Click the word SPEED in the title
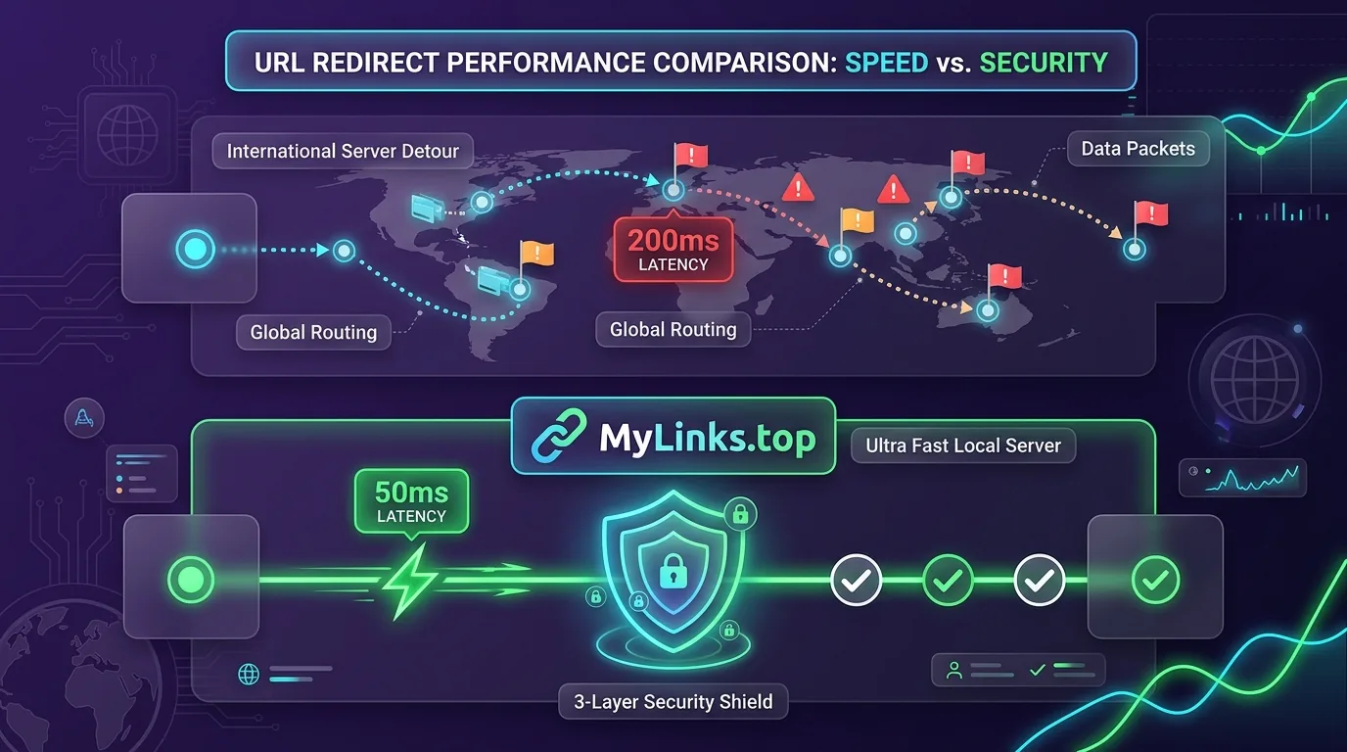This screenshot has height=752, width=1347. pyautogui.click(x=886, y=63)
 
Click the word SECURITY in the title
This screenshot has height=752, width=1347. pyautogui.click(x=1044, y=63)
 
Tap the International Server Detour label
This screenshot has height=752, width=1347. pyautogui.click(x=343, y=151)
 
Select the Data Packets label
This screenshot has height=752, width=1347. pyautogui.click(x=1138, y=149)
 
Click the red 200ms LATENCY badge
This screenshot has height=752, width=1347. pyautogui.click(x=673, y=250)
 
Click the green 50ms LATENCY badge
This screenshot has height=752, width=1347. pyautogui.click(x=411, y=501)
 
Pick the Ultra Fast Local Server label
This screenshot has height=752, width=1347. pyautogui.click(x=962, y=446)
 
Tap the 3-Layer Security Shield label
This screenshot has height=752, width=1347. pyautogui.click(x=673, y=701)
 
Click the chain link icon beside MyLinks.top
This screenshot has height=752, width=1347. pyautogui.click(x=559, y=436)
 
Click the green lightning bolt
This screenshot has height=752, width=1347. pyautogui.click(x=410, y=581)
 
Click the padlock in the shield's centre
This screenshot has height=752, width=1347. pyautogui.click(x=673, y=571)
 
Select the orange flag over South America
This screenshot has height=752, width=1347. pyautogui.click(x=535, y=254)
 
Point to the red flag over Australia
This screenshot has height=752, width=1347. pyautogui.click(x=1003, y=277)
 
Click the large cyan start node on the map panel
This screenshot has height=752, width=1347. pyautogui.click(x=195, y=249)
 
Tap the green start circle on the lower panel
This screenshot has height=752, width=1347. pyautogui.click(x=191, y=580)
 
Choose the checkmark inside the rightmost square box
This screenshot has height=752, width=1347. pyautogui.click(x=1155, y=580)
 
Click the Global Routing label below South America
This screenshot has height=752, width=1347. pyautogui.click(x=313, y=332)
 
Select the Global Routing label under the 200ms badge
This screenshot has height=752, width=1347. pyautogui.click(x=673, y=329)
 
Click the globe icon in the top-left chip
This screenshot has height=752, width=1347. pyautogui.click(x=127, y=135)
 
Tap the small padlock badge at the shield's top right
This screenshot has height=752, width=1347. pyautogui.click(x=740, y=514)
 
